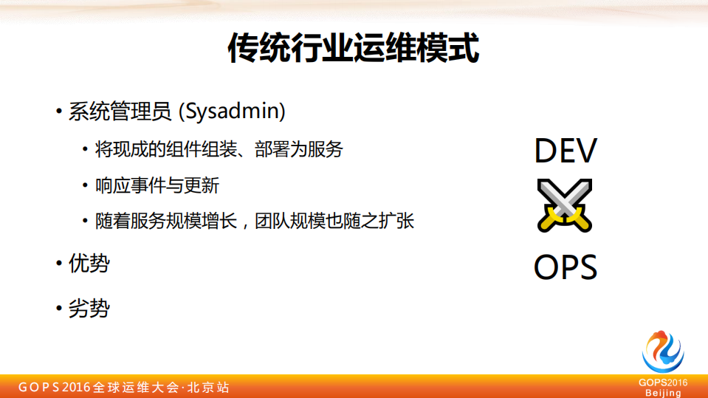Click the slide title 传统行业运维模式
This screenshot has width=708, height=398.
(354, 48)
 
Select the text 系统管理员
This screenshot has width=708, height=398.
(118, 111)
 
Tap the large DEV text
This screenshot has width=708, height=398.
(566, 150)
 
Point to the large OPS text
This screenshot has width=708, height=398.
(566, 267)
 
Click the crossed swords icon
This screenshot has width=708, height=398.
(566, 205)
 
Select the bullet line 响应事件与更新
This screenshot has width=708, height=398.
(157, 185)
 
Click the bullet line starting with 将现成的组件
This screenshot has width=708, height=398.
(219, 150)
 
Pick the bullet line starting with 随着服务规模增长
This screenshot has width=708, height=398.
(255, 221)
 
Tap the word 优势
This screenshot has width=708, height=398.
(89, 264)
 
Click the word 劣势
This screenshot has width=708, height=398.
(89, 308)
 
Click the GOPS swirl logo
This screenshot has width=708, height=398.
(663, 351)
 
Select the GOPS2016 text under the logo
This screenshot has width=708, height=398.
(663, 382)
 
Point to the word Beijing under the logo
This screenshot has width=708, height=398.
(663, 393)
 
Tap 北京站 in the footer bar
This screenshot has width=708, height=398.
(209, 388)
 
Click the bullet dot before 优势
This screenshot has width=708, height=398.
(58, 264)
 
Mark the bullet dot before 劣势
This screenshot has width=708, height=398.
(58, 309)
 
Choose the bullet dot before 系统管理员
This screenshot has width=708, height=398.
(58, 112)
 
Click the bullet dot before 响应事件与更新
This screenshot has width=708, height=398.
(86, 186)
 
